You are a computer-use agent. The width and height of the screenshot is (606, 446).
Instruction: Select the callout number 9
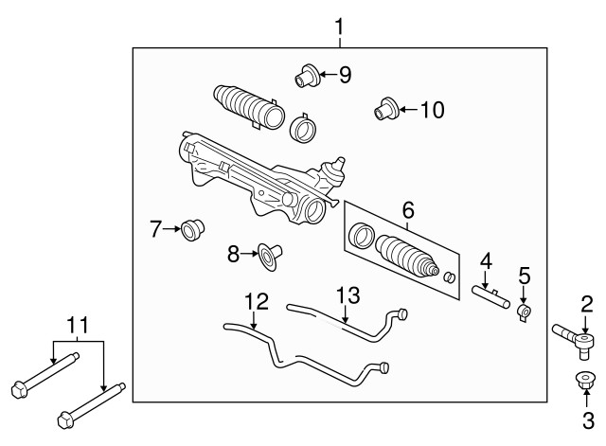(345, 75)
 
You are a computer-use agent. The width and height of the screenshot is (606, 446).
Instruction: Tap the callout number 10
(431, 110)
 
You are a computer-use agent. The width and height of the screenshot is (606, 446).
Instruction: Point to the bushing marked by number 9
(305, 74)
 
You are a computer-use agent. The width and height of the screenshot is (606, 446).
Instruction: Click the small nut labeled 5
(524, 312)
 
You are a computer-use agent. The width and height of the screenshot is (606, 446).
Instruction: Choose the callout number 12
(256, 302)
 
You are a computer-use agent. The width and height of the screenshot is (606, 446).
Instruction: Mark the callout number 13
(348, 295)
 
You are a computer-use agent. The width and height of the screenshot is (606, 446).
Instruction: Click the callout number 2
(587, 303)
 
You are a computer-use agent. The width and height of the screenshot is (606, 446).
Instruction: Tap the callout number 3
(587, 419)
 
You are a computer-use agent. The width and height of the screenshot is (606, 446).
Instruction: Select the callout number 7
(156, 228)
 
